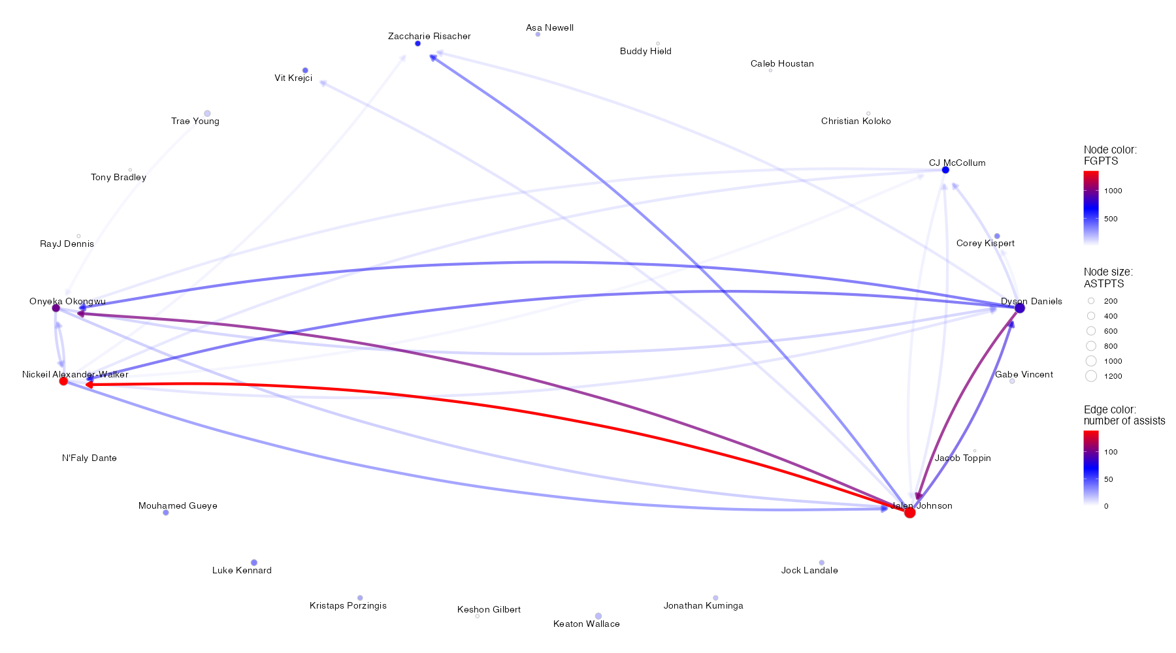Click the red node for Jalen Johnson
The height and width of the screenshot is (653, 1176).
point(909,513)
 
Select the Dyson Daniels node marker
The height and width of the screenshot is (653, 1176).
point(1020,308)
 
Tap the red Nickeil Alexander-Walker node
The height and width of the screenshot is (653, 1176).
point(63,381)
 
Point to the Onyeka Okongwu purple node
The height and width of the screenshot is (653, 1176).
point(56,308)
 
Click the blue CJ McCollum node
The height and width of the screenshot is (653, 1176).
point(945,170)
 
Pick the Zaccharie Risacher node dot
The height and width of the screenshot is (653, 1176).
point(417,44)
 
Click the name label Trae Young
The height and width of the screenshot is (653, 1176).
point(195,121)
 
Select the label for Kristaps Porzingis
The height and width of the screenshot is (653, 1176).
point(348,606)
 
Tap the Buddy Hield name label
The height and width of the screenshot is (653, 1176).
point(645,52)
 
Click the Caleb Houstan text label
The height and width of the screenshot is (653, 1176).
point(782,64)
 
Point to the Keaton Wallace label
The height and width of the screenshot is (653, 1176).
point(587,624)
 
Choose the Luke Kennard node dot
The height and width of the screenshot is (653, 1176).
point(254,563)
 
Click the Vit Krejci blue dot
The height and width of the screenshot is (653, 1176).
point(305,71)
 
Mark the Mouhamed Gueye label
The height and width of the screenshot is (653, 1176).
point(178,506)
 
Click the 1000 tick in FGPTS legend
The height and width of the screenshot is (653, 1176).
point(1113,191)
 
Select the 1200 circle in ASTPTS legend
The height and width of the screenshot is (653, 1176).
point(1091,376)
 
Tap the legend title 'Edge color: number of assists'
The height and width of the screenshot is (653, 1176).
point(1124,415)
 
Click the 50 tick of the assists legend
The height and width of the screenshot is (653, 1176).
point(1108,479)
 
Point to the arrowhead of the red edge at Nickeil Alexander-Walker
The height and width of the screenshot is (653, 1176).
point(89,385)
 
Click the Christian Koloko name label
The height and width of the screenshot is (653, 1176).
point(856,121)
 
